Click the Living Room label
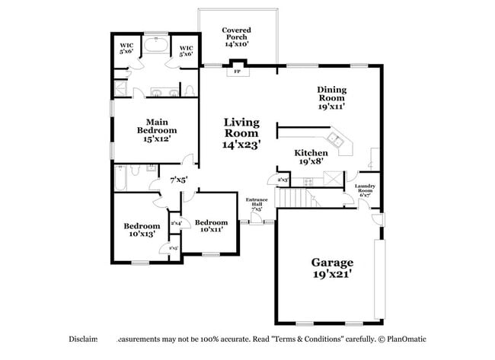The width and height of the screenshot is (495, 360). (x=241, y=132)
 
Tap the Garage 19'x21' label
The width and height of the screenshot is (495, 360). (x=331, y=268)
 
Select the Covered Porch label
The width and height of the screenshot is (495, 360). (x=236, y=37)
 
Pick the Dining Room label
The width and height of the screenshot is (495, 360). (x=331, y=97)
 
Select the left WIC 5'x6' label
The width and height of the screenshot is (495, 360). (x=126, y=49)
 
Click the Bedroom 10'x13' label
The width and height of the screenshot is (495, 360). (x=142, y=230)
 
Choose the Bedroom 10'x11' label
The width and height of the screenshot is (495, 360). (x=211, y=226)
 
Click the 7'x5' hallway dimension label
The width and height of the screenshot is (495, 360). (x=178, y=180)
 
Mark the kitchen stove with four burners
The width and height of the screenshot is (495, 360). (x=308, y=181)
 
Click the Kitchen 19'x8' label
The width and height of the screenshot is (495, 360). (x=311, y=157)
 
